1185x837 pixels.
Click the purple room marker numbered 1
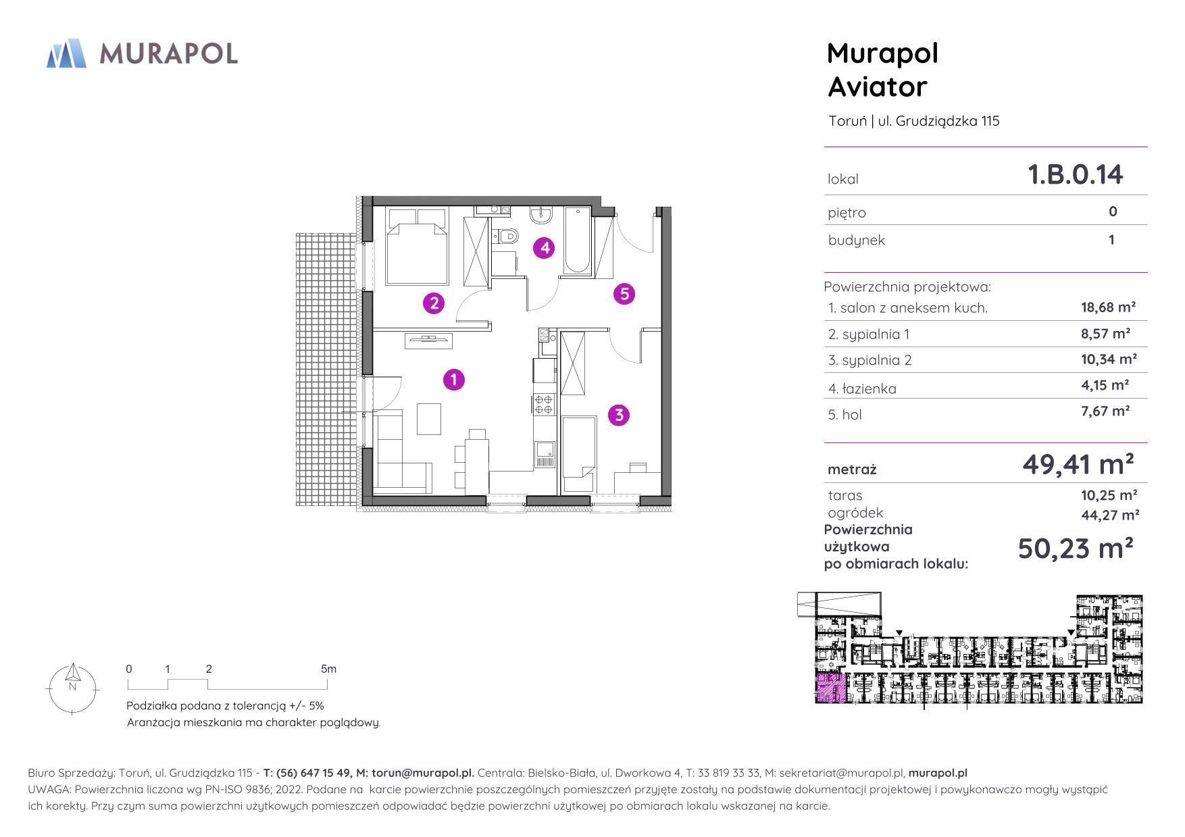tap(454, 380)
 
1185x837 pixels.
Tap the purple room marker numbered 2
tap(434, 303)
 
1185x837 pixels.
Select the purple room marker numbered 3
tap(620, 415)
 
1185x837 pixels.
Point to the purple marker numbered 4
tap(544, 248)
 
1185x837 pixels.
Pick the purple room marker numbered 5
tap(624, 294)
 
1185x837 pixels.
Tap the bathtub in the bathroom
tap(577, 240)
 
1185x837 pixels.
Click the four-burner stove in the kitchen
tap(543, 403)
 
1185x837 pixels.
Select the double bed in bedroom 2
tap(417, 245)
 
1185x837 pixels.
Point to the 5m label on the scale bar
tap(328, 669)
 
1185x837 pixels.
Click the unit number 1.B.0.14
tap(1075, 174)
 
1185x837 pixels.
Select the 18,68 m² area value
tap(1108, 307)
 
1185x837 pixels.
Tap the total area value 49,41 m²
tap(1078, 465)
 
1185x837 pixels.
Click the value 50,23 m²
tap(1075, 549)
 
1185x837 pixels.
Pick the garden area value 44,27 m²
tap(1110, 515)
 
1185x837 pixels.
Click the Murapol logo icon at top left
tap(66, 54)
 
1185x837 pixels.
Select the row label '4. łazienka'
tap(862, 388)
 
